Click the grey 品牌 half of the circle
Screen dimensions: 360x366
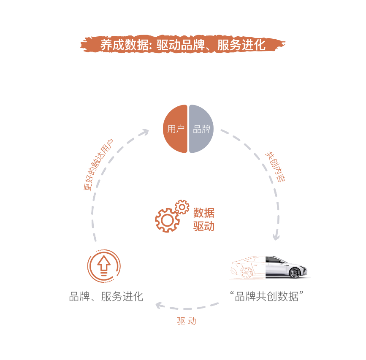[x=201, y=129]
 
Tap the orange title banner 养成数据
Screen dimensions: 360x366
[x=183, y=45]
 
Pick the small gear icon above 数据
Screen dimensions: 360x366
[x=182, y=207]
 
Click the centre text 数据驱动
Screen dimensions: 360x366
[x=204, y=219]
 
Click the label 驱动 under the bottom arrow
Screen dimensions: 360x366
[x=187, y=321]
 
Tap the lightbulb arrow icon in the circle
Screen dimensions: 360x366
[x=104, y=266]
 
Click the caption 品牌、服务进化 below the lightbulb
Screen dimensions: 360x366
[x=106, y=297]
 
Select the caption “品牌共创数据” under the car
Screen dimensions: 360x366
[x=267, y=296]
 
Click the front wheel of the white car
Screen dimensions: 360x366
[x=296, y=273]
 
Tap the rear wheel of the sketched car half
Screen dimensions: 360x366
[x=246, y=273]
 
